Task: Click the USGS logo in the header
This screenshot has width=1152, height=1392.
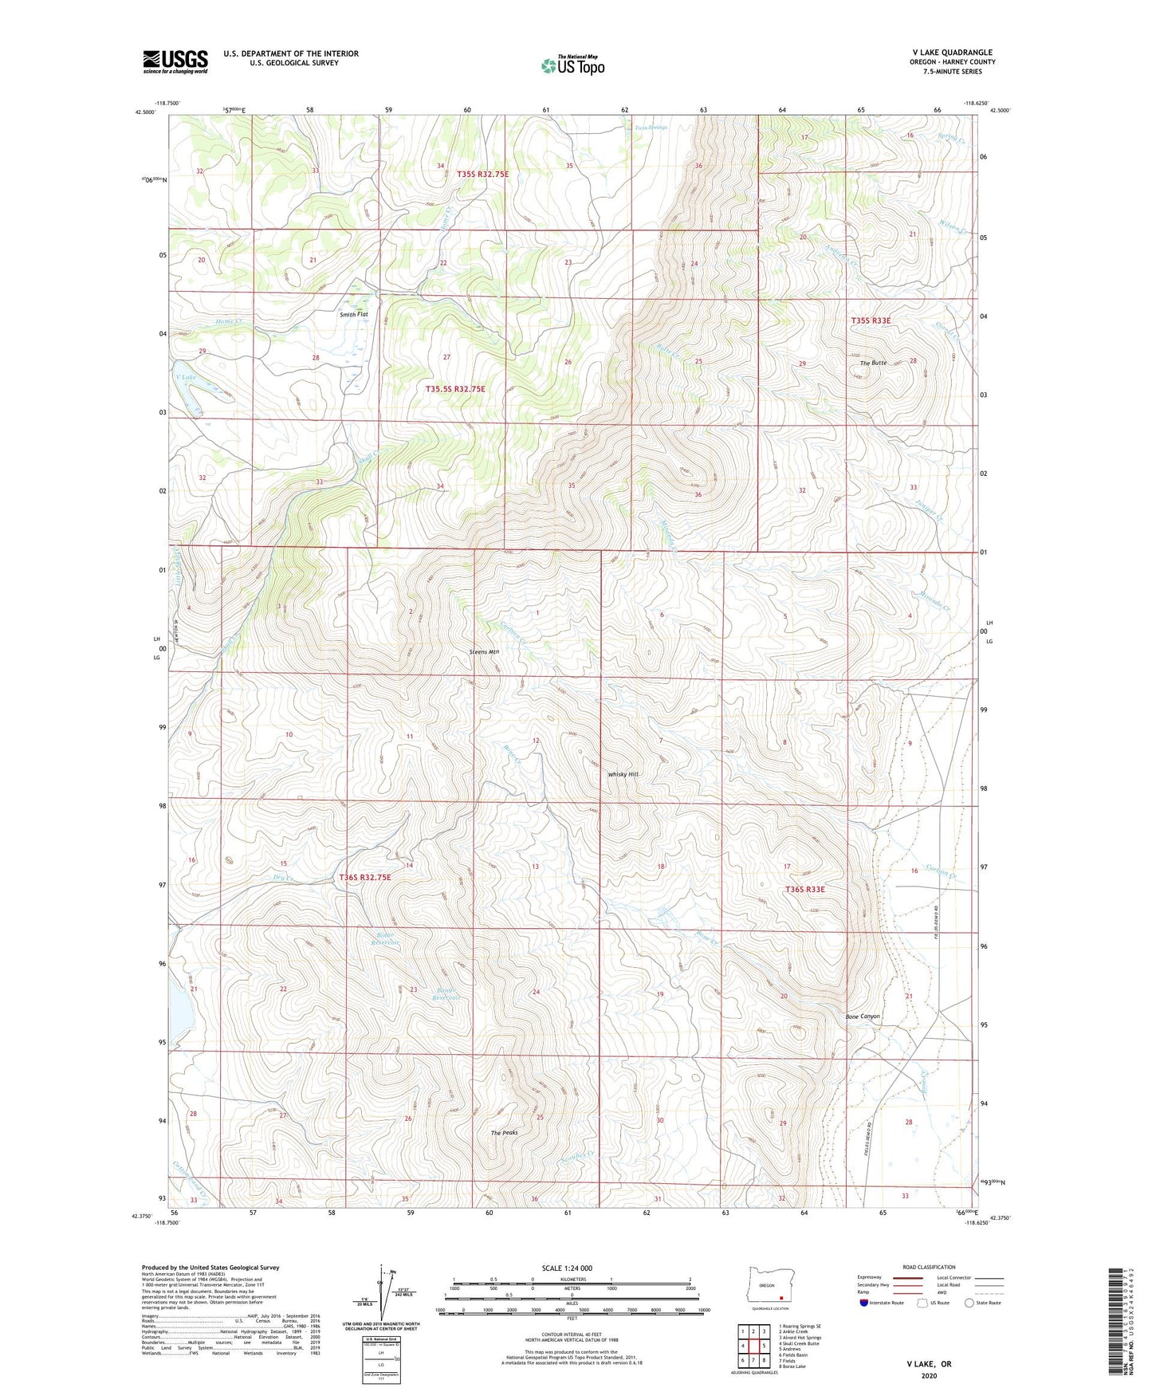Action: click(x=175, y=61)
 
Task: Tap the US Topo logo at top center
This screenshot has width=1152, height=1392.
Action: click(x=572, y=65)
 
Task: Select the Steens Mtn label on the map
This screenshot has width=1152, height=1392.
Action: click(x=484, y=651)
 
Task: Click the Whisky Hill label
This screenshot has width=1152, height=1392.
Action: click(x=623, y=774)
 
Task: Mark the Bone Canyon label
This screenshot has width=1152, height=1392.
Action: click(x=863, y=1016)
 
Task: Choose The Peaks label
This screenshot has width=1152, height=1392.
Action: click(x=504, y=1132)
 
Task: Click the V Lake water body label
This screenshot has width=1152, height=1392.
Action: click(x=185, y=377)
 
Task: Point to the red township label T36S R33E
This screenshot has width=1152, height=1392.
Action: click(x=804, y=889)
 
